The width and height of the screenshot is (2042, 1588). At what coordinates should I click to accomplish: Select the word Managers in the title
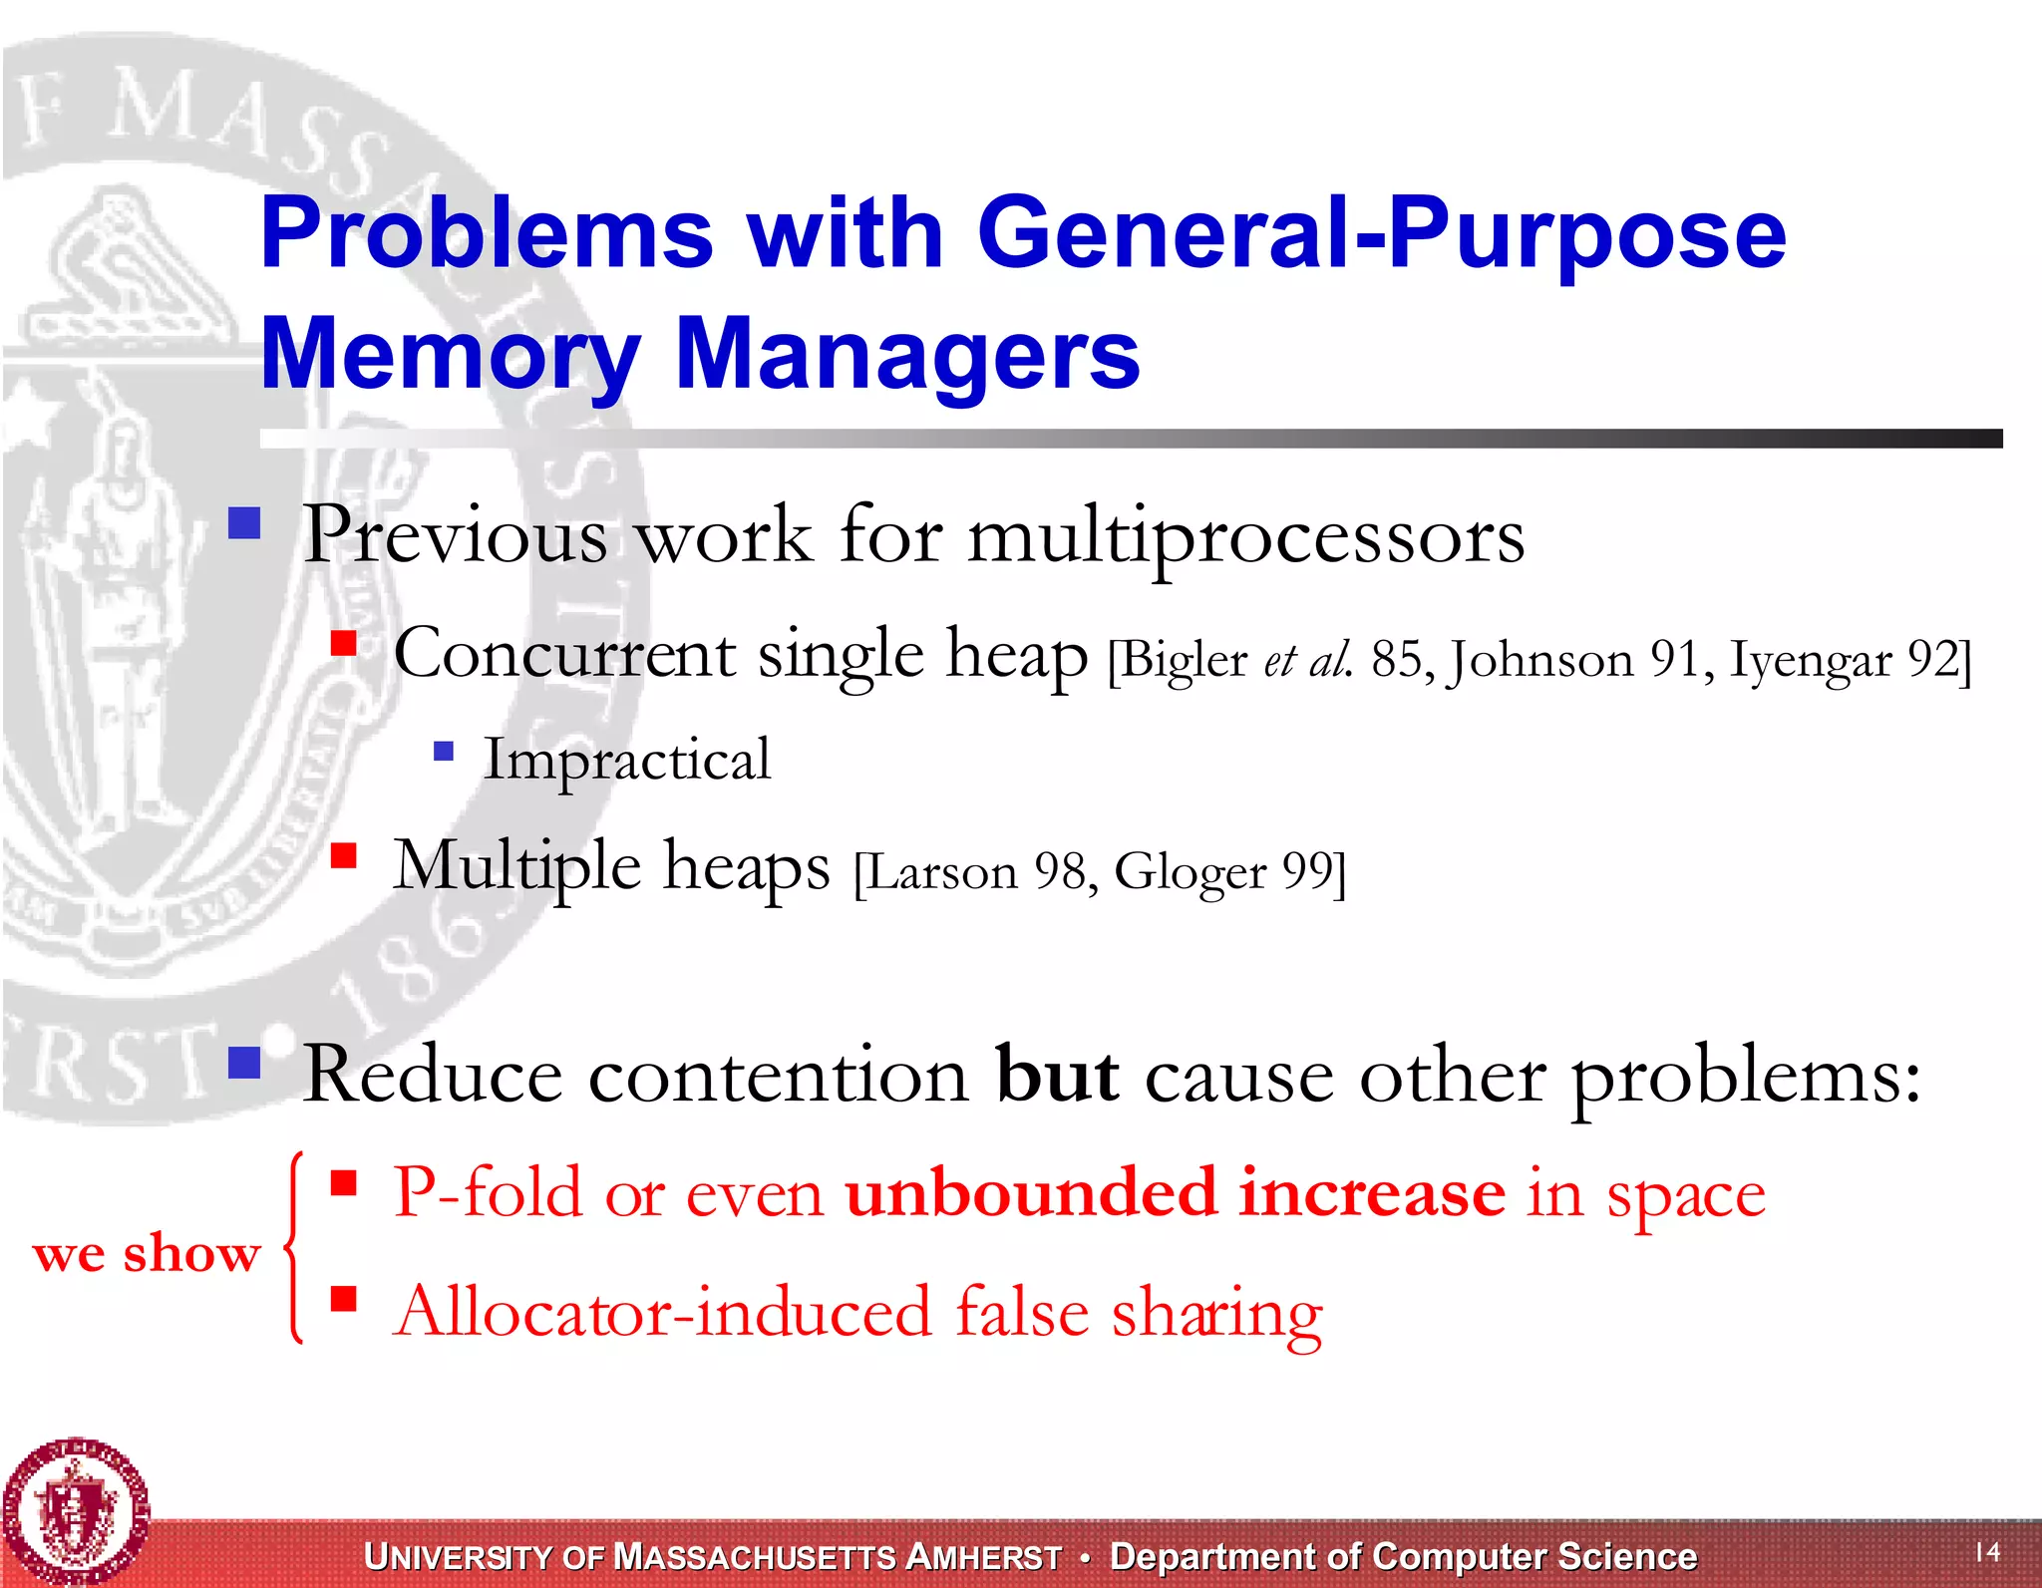[x=907, y=355]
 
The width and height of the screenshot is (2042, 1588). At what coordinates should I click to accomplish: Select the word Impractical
[x=627, y=761]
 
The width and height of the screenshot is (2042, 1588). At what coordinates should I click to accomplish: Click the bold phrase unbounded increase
[x=1175, y=1193]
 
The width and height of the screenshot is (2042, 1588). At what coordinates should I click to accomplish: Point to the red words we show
[x=147, y=1254]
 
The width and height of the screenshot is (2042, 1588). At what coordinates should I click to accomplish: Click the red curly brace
[x=293, y=1248]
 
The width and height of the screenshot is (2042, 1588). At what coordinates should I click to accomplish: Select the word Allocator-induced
[x=663, y=1313]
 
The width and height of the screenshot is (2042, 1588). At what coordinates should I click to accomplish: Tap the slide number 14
[x=1987, y=1552]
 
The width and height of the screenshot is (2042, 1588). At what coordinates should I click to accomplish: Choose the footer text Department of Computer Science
[x=1403, y=1557]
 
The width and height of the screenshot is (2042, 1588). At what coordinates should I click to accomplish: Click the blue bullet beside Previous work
[x=244, y=523]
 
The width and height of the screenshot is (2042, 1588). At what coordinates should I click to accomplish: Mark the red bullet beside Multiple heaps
[x=344, y=855]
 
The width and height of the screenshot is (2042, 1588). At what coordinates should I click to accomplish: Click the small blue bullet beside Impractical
[x=444, y=751]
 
